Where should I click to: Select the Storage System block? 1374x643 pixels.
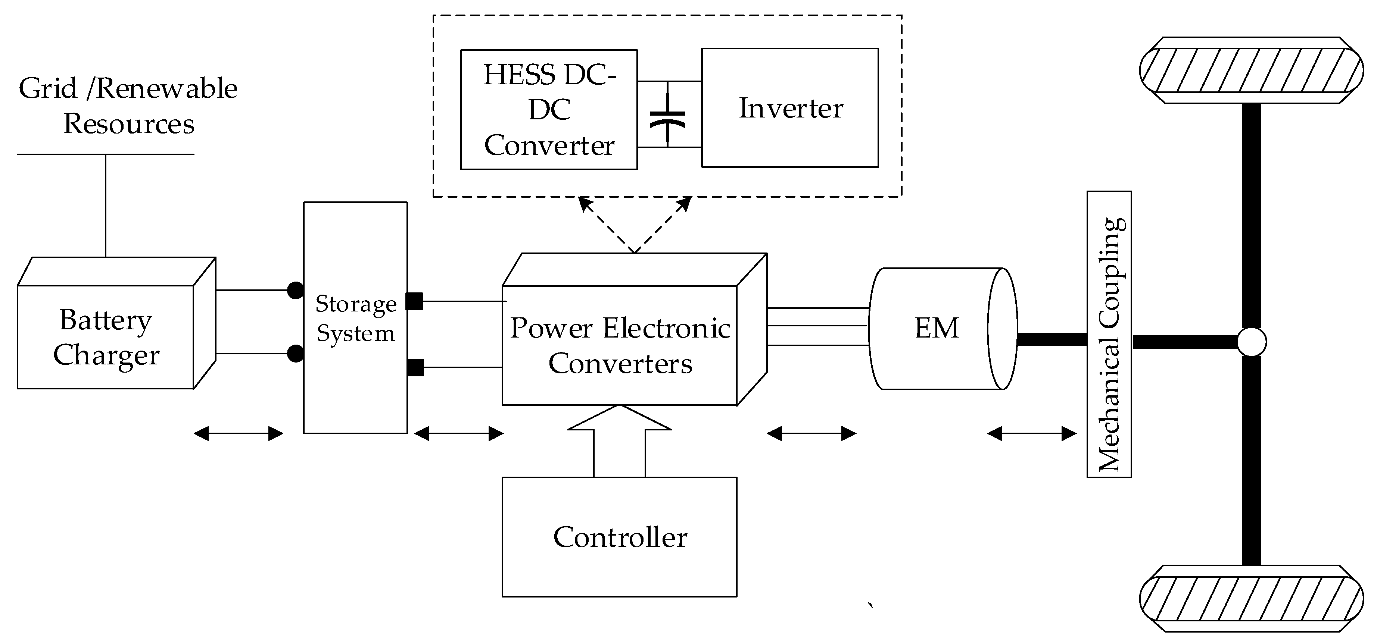pos(355,318)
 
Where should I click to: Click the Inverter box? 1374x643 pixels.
pos(789,108)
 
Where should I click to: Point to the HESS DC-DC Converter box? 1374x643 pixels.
pos(549,110)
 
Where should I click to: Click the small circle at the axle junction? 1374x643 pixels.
pos(1251,342)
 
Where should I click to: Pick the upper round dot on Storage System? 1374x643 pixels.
pos(295,290)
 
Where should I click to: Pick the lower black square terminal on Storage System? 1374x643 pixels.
pos(415,367)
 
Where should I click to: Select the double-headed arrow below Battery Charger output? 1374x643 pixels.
pos(238,433)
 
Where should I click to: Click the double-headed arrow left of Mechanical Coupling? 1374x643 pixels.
pos(1032,433)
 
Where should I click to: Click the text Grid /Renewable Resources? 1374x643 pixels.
pos(128,106)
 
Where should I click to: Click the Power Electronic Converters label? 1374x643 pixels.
pos(620,345)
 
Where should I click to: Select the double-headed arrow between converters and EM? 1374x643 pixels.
pos(811,433)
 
